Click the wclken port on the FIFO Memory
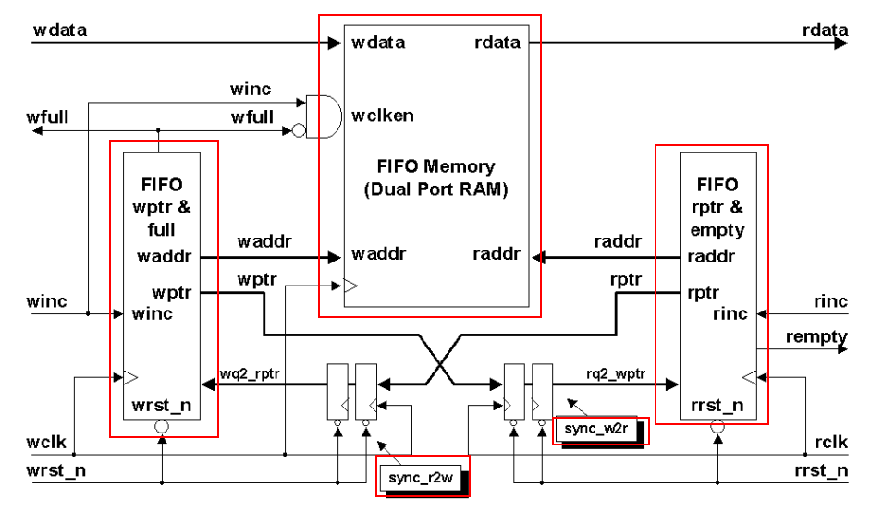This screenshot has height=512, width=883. (x=382, y=116)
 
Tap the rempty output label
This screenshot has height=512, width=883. (x=816, y=337)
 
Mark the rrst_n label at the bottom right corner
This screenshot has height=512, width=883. (x=823, y=470)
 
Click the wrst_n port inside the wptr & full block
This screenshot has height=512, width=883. (x=162, y=405)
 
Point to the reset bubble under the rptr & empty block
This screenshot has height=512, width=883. (x=717, y=427)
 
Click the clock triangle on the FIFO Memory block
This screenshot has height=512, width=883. (x=349, y=286)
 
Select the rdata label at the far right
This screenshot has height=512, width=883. (x=825, y=30)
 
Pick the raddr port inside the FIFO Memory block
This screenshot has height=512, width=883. (x=497, y=254)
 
